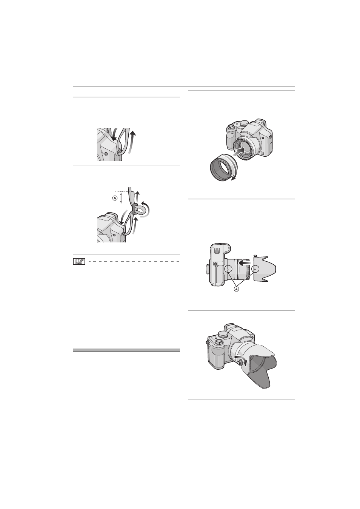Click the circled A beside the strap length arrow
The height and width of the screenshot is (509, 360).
click(115, 198)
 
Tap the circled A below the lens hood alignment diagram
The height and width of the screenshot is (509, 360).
click(237, 289)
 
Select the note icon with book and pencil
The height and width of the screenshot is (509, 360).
click(79, 262)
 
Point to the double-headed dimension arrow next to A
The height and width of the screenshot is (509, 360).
click(122, 198)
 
